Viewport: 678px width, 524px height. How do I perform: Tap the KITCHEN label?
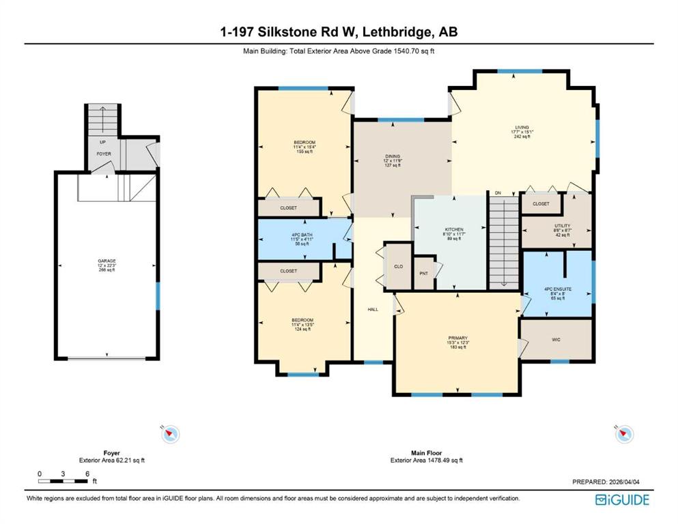coord(453,229)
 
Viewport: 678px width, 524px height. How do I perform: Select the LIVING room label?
coord(522,127)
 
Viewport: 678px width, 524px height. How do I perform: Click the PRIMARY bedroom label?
coord(457,337)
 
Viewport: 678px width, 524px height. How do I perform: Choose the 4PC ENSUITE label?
coord(557,289)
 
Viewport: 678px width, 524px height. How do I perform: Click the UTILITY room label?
coord(562,226)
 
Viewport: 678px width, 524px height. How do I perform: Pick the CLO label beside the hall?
coord(397,267)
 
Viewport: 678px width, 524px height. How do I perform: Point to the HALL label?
coord(373,309)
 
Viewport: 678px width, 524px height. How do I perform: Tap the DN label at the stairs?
coord(498,193)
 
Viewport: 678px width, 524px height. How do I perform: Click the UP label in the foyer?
coord(102,143)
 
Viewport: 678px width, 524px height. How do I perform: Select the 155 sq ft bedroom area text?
coord(304,151)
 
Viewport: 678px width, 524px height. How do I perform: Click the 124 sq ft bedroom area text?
coord(302,330)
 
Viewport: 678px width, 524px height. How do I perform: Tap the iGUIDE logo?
coord(622,499)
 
